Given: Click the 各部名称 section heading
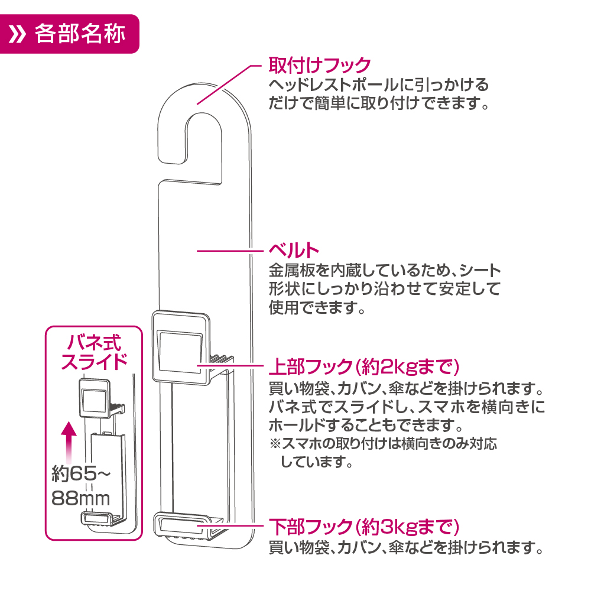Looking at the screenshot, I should [80, 34].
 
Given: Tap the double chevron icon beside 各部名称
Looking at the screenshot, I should [20, 34].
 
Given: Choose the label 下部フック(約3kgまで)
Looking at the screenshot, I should [363, 525].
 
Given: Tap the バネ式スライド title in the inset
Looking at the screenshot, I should [95, 352].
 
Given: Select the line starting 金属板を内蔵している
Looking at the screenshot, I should [384, 271].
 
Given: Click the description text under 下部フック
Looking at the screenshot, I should [405, 548].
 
